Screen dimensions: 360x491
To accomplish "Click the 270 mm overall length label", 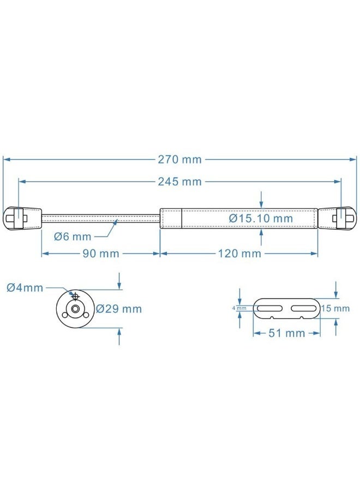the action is [179, 160].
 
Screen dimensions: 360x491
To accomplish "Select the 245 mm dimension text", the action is [179, 182].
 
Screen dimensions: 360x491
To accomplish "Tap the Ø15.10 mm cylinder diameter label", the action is [261, 218].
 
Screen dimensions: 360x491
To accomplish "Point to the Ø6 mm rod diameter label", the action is [73, 236].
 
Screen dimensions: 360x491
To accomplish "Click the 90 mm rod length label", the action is [101, 253].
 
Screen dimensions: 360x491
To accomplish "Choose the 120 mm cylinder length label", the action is [239, 253].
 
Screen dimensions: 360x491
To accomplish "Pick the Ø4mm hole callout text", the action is [25, 288].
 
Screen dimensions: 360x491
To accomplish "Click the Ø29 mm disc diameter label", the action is [119, 309].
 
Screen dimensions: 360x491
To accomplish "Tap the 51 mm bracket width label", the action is [287, 333].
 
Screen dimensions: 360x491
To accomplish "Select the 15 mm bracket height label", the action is [335, 308].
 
